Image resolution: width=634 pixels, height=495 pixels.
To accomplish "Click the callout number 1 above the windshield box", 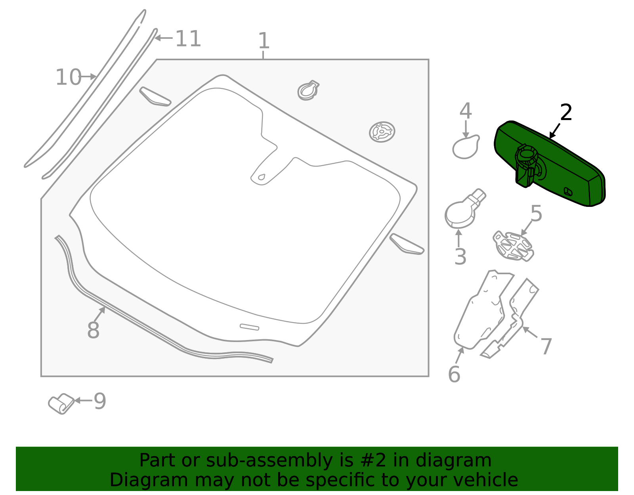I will coord(264,41).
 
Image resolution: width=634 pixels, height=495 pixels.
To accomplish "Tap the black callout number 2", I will coord(566,113).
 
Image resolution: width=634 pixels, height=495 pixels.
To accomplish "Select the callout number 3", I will coord(460,257).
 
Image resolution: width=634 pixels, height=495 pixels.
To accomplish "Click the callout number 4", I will coord(466,111).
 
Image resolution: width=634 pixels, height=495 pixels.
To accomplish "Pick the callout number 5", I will coord(536,214).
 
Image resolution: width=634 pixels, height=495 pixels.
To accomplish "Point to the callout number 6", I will coord(454,375).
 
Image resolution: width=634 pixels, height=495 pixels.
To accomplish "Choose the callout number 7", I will coord(546,347).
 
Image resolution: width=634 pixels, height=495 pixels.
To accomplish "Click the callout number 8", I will coord(93,330).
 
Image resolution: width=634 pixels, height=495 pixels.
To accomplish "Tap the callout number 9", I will coord(100,401).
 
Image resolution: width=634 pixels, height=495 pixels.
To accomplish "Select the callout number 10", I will coord(68,77).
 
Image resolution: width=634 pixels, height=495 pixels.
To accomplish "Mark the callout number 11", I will coord(188,39).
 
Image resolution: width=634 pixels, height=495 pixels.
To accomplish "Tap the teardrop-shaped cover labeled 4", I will coord(466,147).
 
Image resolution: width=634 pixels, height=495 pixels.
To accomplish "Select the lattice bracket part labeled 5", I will coord(513,246).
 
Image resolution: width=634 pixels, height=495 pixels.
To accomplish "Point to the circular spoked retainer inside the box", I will coord(382,132).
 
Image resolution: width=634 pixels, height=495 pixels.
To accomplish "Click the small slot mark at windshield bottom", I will coord(249,327).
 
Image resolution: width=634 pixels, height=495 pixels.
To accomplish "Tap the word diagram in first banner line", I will coord(461,461).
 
